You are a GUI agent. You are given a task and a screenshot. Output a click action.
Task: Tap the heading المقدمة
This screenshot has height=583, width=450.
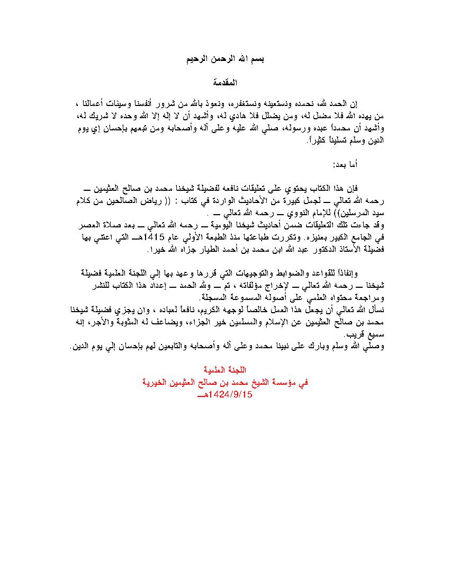224,83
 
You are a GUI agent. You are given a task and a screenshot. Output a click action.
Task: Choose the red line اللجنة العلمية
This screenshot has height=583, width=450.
224,370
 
